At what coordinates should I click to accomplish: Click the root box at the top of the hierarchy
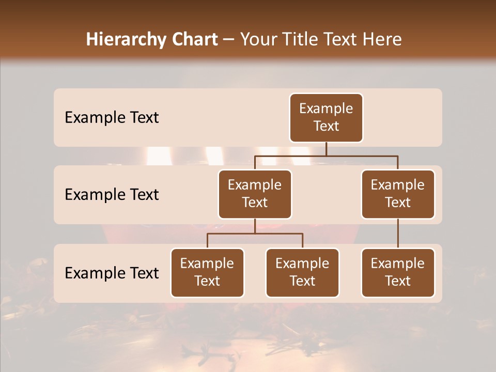tap(326, 118)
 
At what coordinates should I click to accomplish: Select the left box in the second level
tap(255, 194)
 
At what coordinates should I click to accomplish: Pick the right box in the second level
tap(398, 194)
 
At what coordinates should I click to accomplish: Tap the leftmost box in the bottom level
tap(207, 273)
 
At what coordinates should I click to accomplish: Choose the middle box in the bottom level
tap(302, 273)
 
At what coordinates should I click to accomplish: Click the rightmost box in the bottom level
tap(398, 273)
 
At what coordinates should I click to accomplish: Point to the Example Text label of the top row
tap(112, 118)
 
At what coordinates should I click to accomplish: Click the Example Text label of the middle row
tap(112, 195)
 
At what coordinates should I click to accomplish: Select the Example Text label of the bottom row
tap(112, 273)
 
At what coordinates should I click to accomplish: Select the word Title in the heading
tap(299, 39)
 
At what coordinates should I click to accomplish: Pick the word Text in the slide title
tap(340, 39)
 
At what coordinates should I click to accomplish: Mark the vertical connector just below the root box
tap(326, 149)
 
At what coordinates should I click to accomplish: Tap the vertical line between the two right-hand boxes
tap(398, 234)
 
